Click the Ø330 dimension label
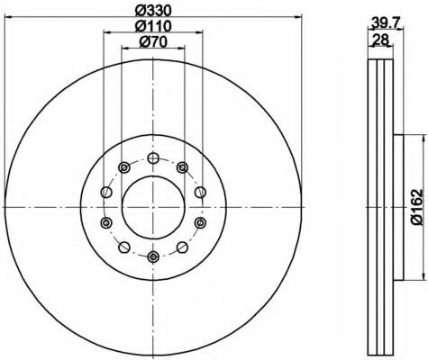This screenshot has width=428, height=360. (x=153, y=10)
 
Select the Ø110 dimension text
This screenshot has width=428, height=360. (x=153, y=26)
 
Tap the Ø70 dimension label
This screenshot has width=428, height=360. (x=153, y=42)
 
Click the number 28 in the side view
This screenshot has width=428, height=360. (x=380, y=40)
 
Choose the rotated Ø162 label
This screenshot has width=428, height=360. (x=417, y=207)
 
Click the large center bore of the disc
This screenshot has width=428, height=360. (x=153, y=207)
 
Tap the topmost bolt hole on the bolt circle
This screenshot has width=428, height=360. (x=153, y=158)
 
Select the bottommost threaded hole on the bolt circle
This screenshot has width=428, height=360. (x=153, y=256)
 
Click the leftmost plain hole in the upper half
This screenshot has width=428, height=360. (x=106, y=192)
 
